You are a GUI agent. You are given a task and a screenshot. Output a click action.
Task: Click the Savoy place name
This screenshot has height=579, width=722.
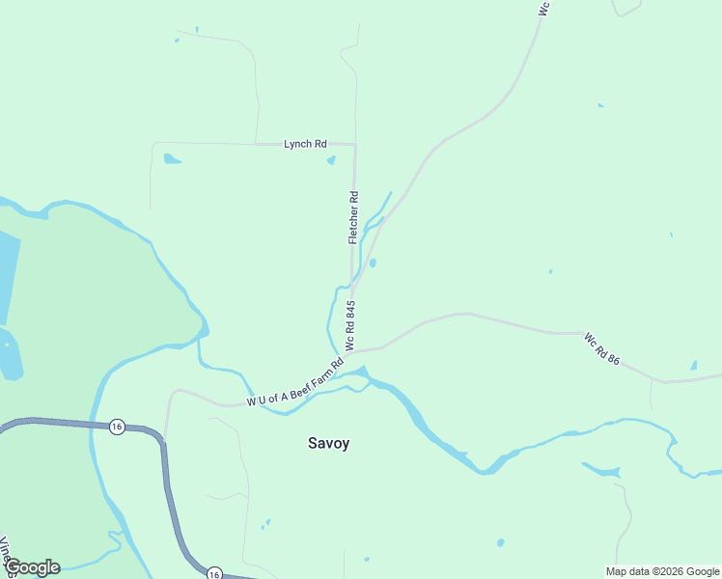click(x=328, y=444)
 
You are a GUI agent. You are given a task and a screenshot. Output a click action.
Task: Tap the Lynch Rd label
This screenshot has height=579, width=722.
click(x=304, y=144)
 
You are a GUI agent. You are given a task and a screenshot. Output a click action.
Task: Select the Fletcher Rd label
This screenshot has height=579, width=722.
click(x=354, y=217)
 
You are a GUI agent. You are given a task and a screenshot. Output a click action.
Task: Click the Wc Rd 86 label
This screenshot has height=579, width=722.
click(x=601, y=348)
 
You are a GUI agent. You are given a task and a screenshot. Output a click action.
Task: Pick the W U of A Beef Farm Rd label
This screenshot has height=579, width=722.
click(x=295, y=384)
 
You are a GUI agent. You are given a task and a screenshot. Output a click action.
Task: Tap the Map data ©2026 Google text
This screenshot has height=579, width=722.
click(x=661, y=571)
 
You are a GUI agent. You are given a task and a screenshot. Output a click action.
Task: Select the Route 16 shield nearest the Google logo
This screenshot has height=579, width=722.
click(x=213, y=574)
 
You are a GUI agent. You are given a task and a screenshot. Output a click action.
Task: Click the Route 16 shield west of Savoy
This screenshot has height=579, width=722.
click(x=117, y=427)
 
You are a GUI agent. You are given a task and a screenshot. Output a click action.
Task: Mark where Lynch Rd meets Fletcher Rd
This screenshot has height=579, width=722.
click(x=355, y=145)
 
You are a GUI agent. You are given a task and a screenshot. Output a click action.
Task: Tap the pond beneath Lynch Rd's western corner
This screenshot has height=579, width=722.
click(x=172, y=159)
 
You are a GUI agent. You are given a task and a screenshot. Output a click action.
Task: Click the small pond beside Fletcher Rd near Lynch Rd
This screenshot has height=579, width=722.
click(x=331, y=160)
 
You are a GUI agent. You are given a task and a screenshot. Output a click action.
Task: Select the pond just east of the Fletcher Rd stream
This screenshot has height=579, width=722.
click(x=373, y=262)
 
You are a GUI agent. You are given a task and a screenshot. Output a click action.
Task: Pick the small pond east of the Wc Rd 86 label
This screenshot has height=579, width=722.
click(x=693, y=366)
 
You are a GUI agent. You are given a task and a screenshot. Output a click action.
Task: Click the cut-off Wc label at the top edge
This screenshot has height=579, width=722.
click(x=543, y=8)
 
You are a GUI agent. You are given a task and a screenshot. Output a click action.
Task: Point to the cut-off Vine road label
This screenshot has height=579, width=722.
click(x=5, y=550)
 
